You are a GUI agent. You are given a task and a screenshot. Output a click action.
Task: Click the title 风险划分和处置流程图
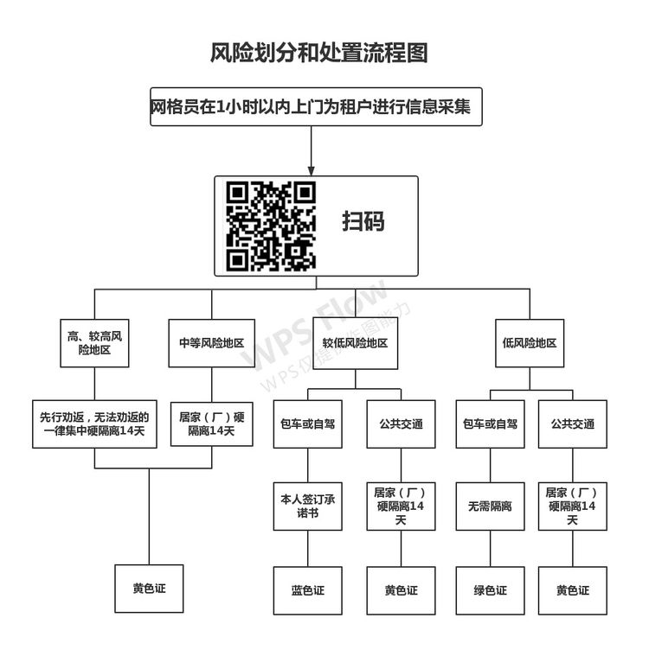coord(318,53)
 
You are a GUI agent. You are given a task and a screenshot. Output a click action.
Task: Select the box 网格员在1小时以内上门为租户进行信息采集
coord(316,106)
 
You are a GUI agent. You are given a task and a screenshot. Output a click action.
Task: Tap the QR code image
coord(271,226)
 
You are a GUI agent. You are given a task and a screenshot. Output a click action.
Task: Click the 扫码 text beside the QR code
coord(363,221)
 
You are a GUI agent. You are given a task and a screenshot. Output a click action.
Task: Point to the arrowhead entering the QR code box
coord(311,170)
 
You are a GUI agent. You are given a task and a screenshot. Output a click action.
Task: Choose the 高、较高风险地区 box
coord(94,343)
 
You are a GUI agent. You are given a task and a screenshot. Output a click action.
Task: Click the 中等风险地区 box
coord(212,343)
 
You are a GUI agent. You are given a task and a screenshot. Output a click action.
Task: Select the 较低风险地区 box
coord(356,343)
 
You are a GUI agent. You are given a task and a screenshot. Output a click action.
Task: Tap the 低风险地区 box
coord(530,343)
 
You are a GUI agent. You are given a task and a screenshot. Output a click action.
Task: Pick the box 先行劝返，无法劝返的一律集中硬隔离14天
coord(94,424)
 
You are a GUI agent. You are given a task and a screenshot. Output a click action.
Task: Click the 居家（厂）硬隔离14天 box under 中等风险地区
coord(212,424)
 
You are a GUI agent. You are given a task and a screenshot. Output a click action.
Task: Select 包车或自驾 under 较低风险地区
coord(308,424)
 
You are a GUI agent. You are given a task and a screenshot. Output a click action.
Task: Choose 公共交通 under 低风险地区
coord(573,424)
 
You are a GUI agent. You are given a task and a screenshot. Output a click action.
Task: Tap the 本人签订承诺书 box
coord(308,506)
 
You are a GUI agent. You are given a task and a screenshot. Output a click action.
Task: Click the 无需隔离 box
coord(490,506)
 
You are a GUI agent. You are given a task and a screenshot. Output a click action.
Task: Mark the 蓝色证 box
coord(308,590)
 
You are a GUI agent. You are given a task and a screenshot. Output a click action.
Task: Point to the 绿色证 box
coord(490,590)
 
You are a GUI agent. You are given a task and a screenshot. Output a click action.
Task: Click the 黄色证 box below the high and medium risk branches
coord(149,589)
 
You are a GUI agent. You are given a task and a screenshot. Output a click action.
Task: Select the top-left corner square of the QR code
coord(237,193)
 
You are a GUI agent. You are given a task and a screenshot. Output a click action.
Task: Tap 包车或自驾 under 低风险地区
coord(490,424)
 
